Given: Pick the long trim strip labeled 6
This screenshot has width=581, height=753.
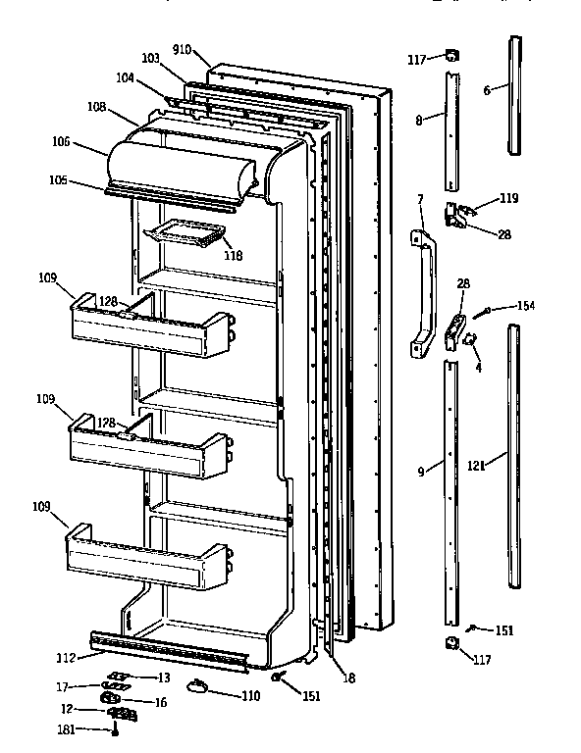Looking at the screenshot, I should (514, 96).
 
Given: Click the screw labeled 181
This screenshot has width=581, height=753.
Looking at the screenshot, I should (117, 728).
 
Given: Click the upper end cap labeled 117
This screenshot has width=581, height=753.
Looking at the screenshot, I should (450, 57).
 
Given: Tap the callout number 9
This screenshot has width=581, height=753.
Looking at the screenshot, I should (421, 472).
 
